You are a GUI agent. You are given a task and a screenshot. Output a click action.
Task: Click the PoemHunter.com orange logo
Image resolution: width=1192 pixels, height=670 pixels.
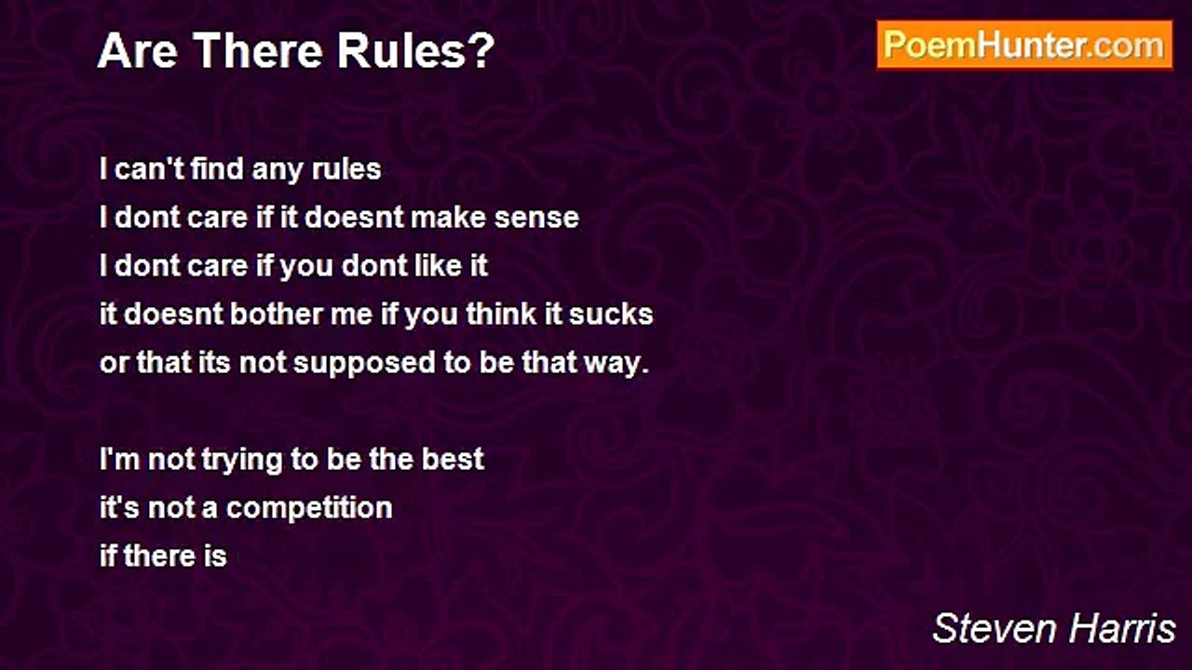point(1024,46)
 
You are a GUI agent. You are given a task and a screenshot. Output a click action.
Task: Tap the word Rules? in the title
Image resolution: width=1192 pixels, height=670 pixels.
point(416,51)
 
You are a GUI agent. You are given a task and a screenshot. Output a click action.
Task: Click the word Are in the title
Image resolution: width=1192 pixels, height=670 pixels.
point(138,51)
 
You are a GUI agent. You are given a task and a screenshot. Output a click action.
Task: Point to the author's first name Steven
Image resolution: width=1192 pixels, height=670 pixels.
point(995,629)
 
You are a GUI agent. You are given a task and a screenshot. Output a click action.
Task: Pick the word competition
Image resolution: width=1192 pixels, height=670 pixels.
point(309,508)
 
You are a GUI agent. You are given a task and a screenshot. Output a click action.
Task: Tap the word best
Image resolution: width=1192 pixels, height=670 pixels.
point(453,460)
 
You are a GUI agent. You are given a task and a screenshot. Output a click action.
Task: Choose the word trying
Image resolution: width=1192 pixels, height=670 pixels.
point(242,461)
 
